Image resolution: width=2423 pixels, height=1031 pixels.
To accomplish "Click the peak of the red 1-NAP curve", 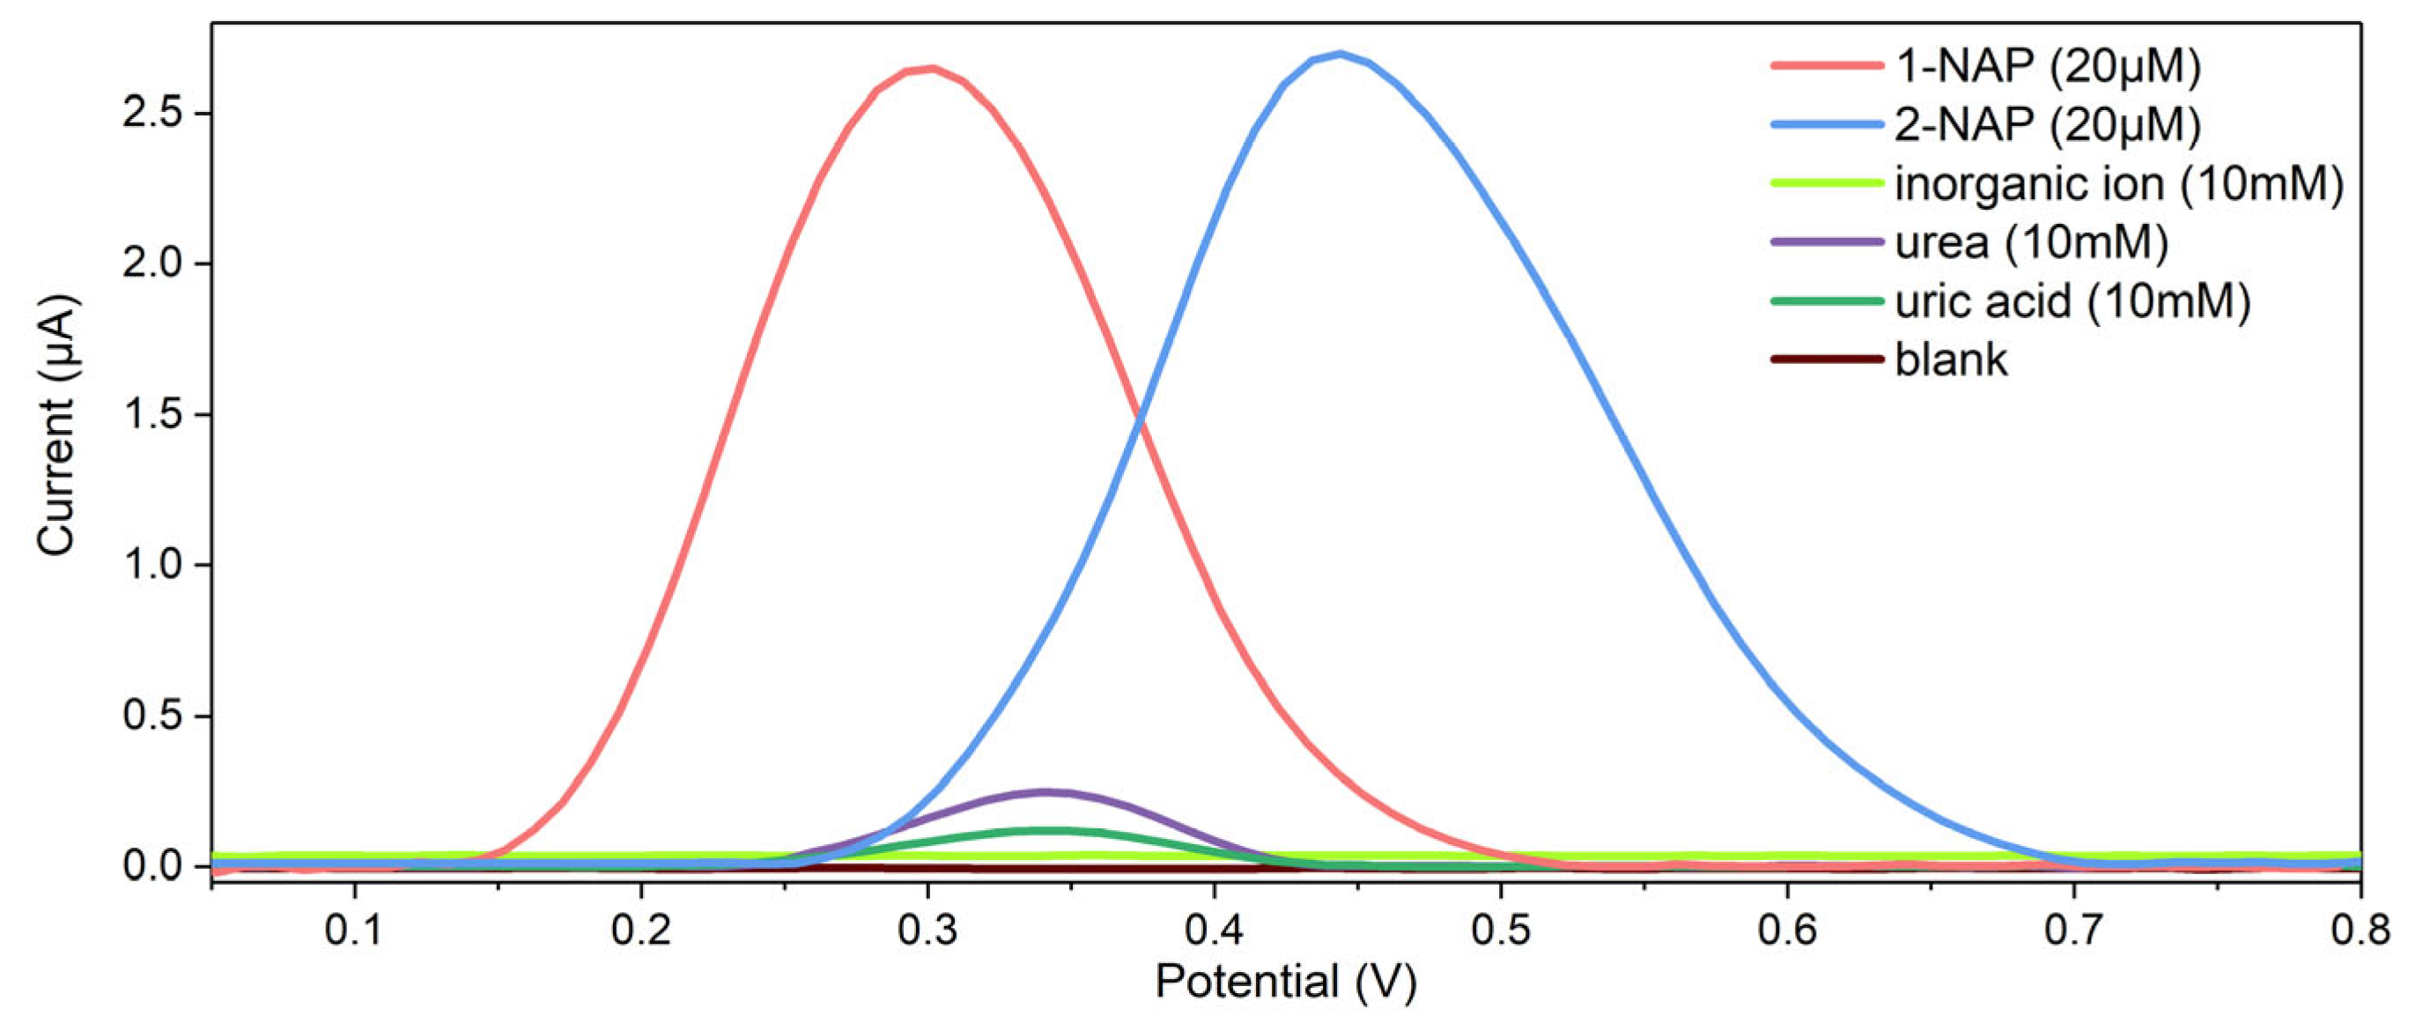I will click(931, 68).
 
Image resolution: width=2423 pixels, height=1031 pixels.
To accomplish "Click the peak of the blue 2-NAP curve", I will click(1340, 54).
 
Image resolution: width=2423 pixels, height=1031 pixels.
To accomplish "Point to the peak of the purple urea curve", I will click(1044, 791).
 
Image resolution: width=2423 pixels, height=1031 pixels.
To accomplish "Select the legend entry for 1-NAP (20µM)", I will click(2047, 66).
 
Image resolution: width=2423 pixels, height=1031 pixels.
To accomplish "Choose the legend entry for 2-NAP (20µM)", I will click(2047, 124).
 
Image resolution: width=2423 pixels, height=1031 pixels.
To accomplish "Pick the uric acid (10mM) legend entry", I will click(2072, 301).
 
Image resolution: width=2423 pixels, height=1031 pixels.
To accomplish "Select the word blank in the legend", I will click(1951, 360).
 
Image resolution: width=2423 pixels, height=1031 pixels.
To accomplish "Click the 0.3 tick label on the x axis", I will click(927, 930).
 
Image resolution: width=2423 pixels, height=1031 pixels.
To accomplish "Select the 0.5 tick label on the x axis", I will click(1500, 930).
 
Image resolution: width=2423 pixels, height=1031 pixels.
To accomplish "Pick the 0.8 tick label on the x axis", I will click(2359, 930).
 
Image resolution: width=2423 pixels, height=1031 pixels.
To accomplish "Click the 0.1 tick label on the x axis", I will click(354, 930).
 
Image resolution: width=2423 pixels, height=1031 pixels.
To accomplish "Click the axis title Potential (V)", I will click(1285, 982).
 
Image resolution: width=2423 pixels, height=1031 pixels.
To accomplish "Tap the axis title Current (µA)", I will click(56, 426).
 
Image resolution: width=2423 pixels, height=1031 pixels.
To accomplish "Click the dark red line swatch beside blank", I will click(1827, 360).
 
